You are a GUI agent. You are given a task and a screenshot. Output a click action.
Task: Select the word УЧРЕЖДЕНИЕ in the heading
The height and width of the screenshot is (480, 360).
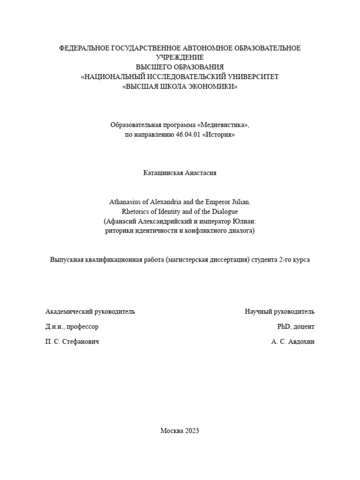click(180, 57)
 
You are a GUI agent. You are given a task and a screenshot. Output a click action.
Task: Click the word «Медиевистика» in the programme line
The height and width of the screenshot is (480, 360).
click(223, 125)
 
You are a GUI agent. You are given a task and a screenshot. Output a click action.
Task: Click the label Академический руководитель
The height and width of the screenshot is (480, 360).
click(90, 312)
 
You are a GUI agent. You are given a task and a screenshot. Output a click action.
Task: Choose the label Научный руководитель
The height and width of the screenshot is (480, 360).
click(279, 312)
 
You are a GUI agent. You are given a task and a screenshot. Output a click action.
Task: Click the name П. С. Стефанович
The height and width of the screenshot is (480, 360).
click(72, 342)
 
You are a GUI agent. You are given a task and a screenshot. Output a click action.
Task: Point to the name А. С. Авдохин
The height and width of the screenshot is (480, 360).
click(293, 342)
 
